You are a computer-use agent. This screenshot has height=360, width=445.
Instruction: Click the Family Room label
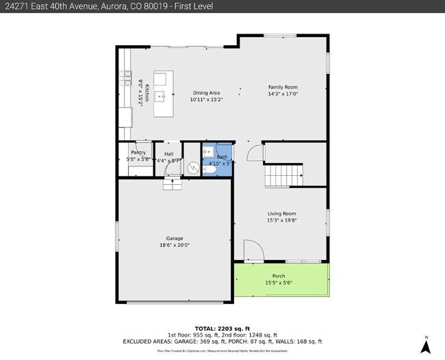tap(283, 88)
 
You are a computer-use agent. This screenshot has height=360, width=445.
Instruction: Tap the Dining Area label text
tap(205, 92)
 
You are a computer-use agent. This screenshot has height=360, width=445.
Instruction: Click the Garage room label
tap(175, 238)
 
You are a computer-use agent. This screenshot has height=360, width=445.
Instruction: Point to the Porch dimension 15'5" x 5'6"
tap(279, 283)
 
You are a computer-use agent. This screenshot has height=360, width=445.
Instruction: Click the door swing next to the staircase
tap(255, 153)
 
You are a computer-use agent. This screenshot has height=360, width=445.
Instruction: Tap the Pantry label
tap(138, 153)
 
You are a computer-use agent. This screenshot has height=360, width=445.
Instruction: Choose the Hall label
tap(168, 154)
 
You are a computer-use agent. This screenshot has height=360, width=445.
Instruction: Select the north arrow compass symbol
tap(425, 346)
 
